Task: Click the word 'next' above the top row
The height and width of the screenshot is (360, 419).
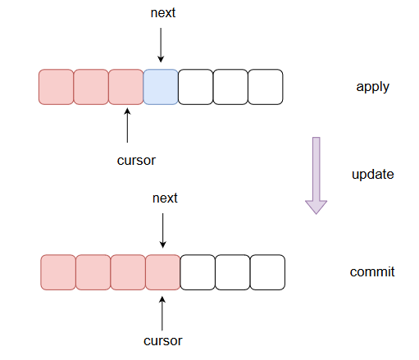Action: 163,13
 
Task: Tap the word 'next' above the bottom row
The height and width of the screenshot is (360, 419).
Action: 165,198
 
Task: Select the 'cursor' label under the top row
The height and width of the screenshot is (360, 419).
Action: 136,161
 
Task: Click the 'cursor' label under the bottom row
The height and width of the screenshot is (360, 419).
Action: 163,341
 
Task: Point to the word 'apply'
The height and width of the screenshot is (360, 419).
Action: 372,88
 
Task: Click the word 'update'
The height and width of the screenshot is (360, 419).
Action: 373,175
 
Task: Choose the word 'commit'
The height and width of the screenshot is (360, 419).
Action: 372,272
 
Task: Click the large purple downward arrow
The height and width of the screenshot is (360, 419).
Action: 317,175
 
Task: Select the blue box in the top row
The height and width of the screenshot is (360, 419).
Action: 161,87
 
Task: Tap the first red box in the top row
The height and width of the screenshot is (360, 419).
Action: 56,87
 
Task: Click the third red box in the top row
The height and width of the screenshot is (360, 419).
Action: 126,87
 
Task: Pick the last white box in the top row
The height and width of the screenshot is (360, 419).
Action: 266,87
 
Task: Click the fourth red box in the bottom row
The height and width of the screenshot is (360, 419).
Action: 163,272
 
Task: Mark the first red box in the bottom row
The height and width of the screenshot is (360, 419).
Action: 58,272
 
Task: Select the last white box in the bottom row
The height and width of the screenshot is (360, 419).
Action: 267,272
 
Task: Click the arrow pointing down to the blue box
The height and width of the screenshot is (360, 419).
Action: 161,45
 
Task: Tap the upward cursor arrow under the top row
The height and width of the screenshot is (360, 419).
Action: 127,125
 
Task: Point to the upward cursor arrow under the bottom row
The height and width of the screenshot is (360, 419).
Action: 162,313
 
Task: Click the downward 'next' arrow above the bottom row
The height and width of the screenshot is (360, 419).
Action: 163,230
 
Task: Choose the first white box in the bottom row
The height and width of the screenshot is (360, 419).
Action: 198,272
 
